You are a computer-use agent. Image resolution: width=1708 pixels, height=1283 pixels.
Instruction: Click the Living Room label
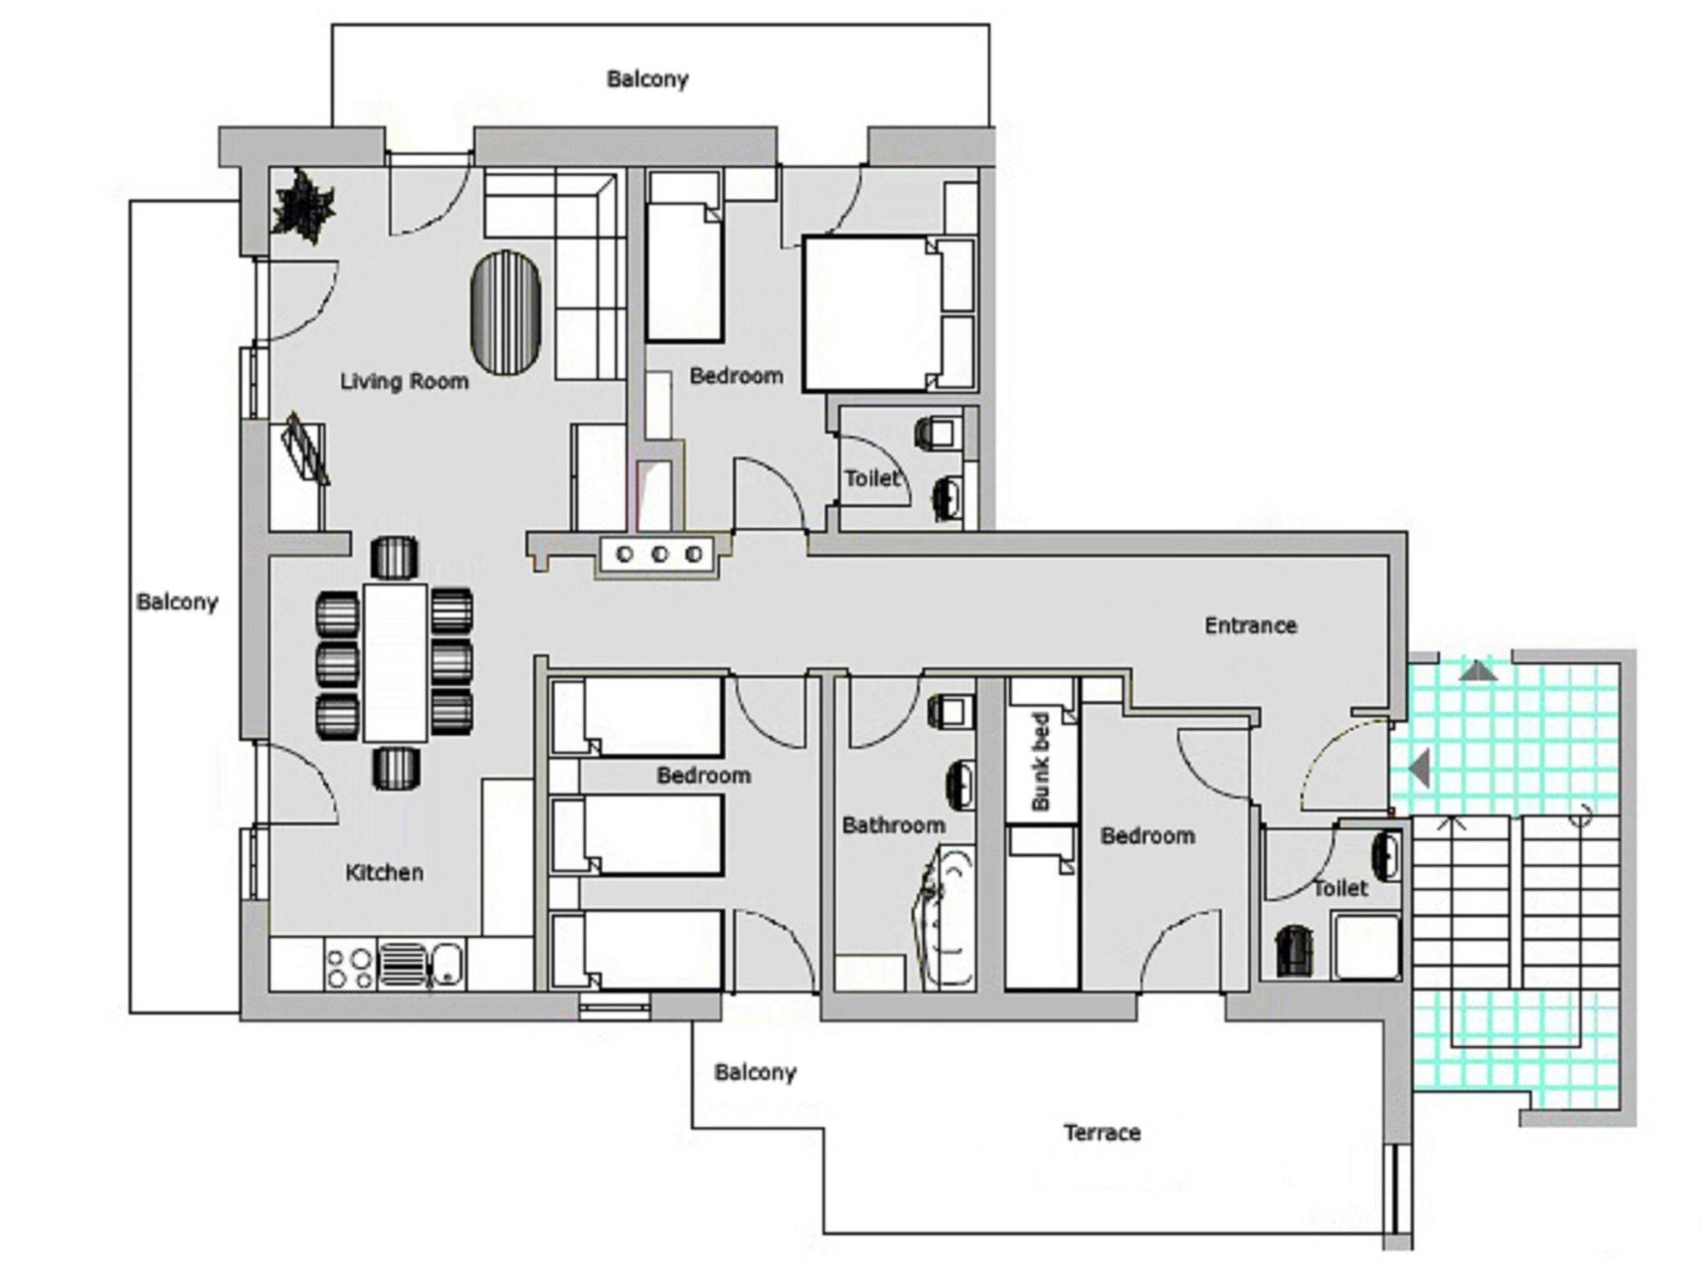coord(404,381)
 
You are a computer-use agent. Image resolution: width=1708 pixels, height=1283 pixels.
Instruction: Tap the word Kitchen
coord(384,873)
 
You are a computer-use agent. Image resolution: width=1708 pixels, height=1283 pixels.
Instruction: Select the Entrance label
coord(1250,626)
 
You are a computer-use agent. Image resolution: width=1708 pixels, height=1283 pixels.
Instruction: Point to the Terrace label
coord(1102,1133)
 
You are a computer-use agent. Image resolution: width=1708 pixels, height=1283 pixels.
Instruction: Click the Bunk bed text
coord(1040,761)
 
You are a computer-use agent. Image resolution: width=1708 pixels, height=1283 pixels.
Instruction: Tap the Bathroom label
coord(893,826)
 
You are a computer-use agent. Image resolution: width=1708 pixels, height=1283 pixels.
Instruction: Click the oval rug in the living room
coord(506,314)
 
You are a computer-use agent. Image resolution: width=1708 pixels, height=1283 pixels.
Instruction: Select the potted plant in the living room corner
coord(304,206)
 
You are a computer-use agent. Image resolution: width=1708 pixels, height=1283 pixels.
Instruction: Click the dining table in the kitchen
coord(395,662)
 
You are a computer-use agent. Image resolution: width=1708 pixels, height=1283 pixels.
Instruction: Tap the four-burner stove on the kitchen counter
coord(349,968)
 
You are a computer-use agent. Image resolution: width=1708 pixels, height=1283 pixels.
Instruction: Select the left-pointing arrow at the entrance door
coord(1419,767)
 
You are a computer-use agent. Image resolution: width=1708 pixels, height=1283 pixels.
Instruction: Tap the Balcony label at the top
coord(648,79)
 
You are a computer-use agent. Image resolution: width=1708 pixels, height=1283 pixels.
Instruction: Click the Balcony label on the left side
coord(177,601)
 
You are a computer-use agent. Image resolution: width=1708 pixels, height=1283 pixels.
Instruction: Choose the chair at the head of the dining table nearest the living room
coord(394,557)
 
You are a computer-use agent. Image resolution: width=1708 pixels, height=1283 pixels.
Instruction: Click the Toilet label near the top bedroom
coord(872,479)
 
